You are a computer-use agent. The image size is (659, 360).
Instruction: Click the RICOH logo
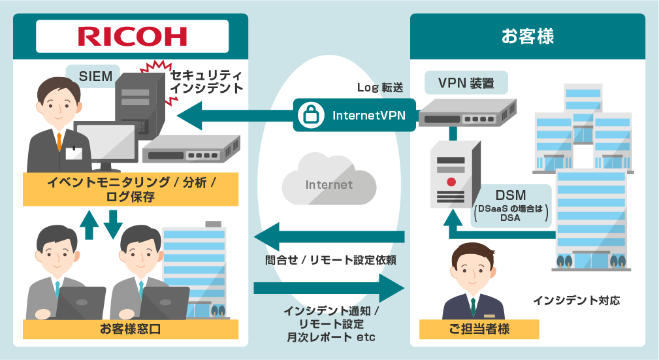[x=132, y=36]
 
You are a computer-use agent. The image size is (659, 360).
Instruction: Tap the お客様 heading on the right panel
[x=527, y=36]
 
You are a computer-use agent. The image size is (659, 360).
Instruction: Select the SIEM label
[x=96, y=76]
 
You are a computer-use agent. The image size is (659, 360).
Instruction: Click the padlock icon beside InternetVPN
[x=308, y=116]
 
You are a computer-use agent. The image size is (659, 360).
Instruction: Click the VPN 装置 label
[x=465, y=83]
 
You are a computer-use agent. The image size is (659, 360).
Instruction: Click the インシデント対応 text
[x=575, y=301]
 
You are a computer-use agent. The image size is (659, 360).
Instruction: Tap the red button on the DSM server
[x=451, y=181]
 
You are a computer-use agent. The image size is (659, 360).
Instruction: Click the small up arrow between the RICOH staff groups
[x=89, y=225]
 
